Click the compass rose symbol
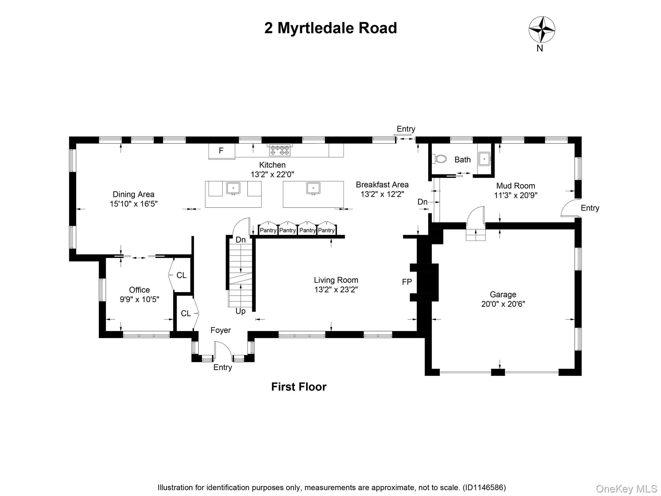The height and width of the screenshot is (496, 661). coord(542,29)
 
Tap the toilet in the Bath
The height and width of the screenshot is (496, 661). coord(440,159)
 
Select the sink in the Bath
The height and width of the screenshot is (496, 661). coord(484,159)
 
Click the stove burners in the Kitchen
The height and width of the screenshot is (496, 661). coord(280,150)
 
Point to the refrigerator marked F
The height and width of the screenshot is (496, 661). coord(221,151)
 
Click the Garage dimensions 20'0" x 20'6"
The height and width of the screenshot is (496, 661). coord(503,304)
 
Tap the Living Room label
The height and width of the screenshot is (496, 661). coord(336,280)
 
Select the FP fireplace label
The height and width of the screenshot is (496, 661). coord(407,282)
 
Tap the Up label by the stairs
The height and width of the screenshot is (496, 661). coord(240,311)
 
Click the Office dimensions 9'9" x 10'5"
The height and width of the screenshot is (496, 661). coord(139,299)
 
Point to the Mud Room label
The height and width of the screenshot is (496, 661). coord(515,186)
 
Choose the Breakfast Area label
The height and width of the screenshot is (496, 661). coord(382,185)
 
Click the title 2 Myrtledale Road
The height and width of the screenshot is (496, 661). coord(330,28)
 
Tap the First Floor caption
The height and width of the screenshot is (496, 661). coord(299,387)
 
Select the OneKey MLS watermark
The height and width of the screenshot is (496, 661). coord(626,489)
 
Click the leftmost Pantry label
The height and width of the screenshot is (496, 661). coord(268,230)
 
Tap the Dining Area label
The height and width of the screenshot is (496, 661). coord(133,194)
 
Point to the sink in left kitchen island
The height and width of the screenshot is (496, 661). coord(233,188)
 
